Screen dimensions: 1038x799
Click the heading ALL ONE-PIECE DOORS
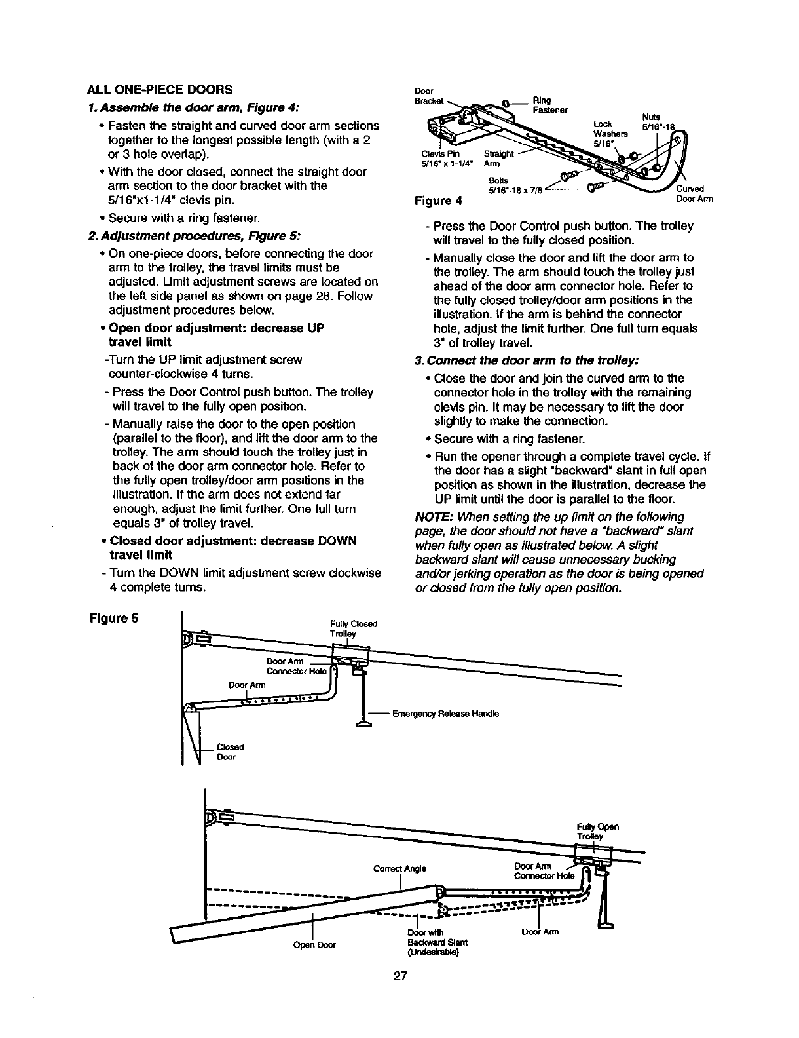[157, 89]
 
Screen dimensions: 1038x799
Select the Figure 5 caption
[113, 618]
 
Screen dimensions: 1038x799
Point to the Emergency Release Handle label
[445, 714]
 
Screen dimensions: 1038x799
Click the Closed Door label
[230, 752]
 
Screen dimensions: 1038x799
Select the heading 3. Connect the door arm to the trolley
[526, 361]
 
